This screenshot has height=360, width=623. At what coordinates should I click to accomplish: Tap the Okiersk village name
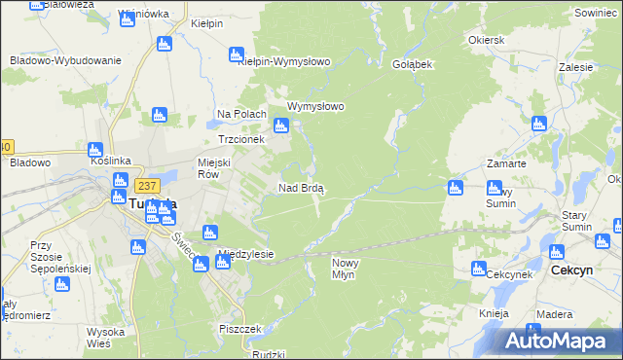coord(486,41)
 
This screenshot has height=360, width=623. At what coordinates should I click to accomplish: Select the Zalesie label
coord(577,68)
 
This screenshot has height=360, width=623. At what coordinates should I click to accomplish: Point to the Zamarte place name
coord(509,164)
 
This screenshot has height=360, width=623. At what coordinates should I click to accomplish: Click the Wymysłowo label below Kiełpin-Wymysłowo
coord(316,107)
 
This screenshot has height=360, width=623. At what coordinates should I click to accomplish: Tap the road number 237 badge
coord(147,185)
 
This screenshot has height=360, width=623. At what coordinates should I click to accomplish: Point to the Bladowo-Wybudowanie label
coord(64,60)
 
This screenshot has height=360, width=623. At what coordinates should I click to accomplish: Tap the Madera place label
coord(554,313)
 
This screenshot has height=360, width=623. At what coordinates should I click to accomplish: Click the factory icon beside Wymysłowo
coord(281,126)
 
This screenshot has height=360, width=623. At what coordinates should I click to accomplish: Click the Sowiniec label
coord(597,13)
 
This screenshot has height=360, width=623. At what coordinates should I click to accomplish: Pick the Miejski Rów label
coord(216,169)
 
